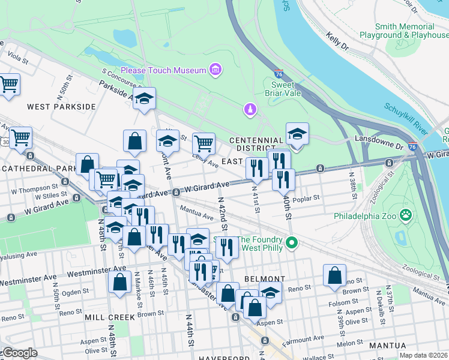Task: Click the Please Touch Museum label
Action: pos(163,70)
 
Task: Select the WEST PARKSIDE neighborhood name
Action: pos(61,106)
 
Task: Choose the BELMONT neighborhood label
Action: pos(264,279)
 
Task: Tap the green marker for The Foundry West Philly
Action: pos(292,242)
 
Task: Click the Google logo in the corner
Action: pos(19,353)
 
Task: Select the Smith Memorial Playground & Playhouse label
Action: pos(404,31)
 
